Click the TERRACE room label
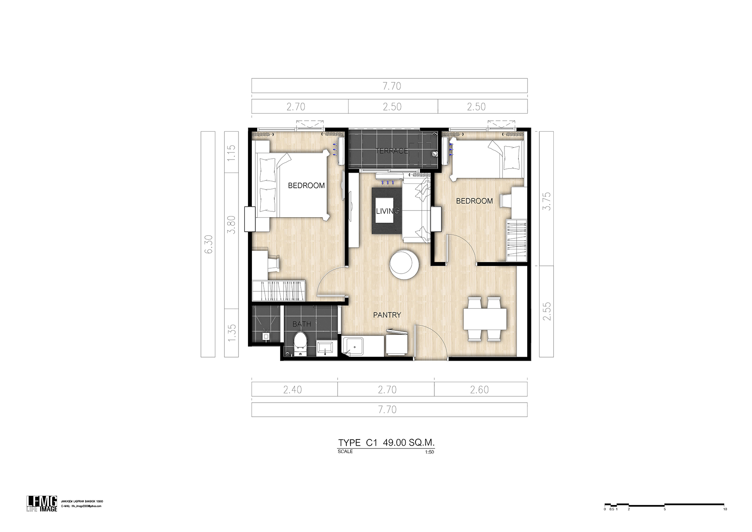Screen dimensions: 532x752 [x=392, y=151]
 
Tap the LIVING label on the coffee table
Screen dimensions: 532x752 [x=388, y=211]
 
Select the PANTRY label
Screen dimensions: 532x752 [x=387, y=315]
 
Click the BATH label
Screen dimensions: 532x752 [x=302, y=324]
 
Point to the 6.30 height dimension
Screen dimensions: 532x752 [x=208, y=244]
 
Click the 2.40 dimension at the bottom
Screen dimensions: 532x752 [x=293, y=390]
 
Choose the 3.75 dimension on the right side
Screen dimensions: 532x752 [x=546, y=201]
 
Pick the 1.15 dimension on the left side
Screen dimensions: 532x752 [x=231, y=153]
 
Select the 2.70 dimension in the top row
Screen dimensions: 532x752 [x=296, y=107]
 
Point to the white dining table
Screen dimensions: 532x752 [x=485, y=319]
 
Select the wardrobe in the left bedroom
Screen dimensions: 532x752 [x=278, y=291]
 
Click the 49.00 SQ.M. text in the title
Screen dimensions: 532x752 [x=409, y=443]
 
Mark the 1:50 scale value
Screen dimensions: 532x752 [x=429, y=452]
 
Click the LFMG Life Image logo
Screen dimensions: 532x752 [x=42, y=503]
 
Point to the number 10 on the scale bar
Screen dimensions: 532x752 [x=725, y=509]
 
